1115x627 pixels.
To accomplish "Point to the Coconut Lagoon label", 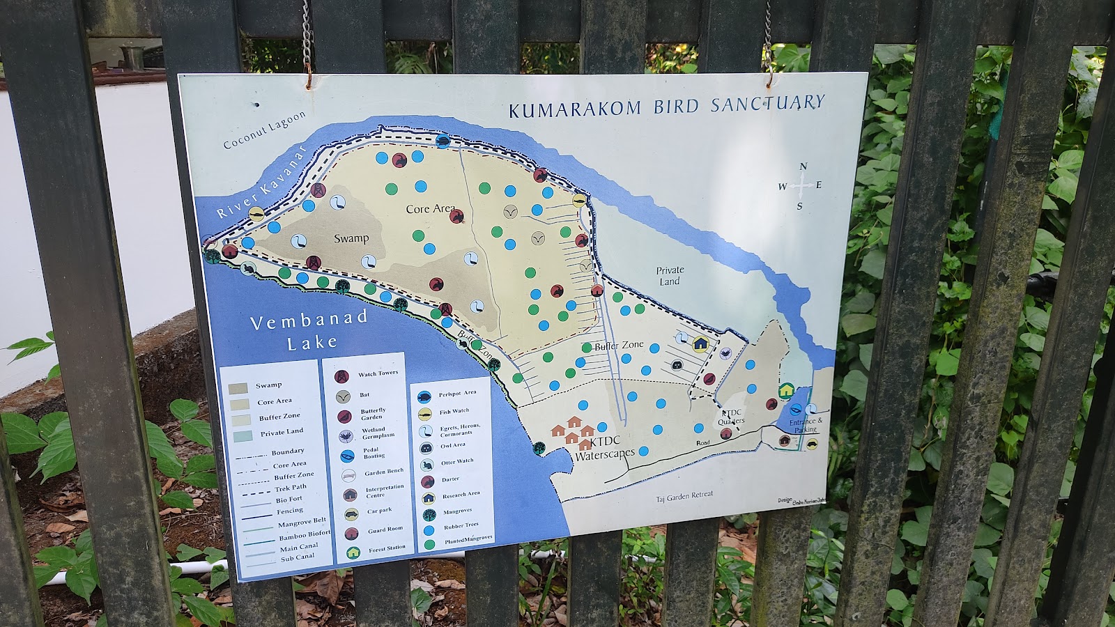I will click(264, 130).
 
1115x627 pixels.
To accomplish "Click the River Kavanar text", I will click(261, 185).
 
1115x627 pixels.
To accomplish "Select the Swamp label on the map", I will click(351, 238).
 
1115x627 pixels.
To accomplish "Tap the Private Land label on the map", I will click(670, 275).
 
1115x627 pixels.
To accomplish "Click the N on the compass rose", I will click(803, 167).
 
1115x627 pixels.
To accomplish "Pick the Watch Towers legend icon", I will click(341, 377).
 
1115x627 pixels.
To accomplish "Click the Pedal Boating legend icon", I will click(347, 456).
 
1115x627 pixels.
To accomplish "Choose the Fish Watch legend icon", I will click(424, 415).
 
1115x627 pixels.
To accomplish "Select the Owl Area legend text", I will click(453, 445).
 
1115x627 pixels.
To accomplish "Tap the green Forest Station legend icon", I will click(353, 552).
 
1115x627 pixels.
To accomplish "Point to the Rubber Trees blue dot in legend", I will click(429, 529).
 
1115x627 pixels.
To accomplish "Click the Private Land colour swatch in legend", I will click(242, 436).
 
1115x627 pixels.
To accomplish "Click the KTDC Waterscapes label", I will click(604, 447).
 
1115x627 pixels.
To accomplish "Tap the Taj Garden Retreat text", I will click(684, 495).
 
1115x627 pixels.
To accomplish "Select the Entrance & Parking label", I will click(805, 425).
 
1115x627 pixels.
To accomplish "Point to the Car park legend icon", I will click(351, 515).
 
